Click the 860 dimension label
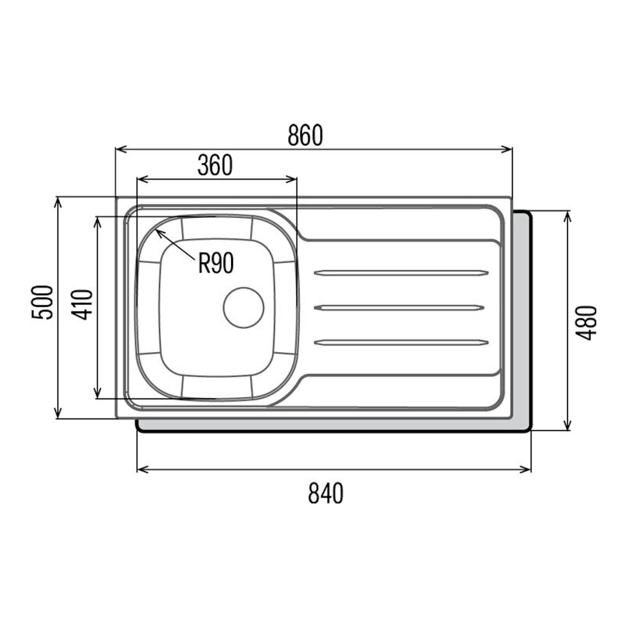(x=305, y=135)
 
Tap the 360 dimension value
(x=215, y=165)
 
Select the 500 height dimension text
(x=42, y=303)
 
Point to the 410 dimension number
(x=82, y=304)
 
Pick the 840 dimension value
(x=325, y=493)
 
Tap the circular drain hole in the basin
(x=243, y=307)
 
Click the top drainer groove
(x=401, y=273)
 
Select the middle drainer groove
(x=399, y=308)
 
